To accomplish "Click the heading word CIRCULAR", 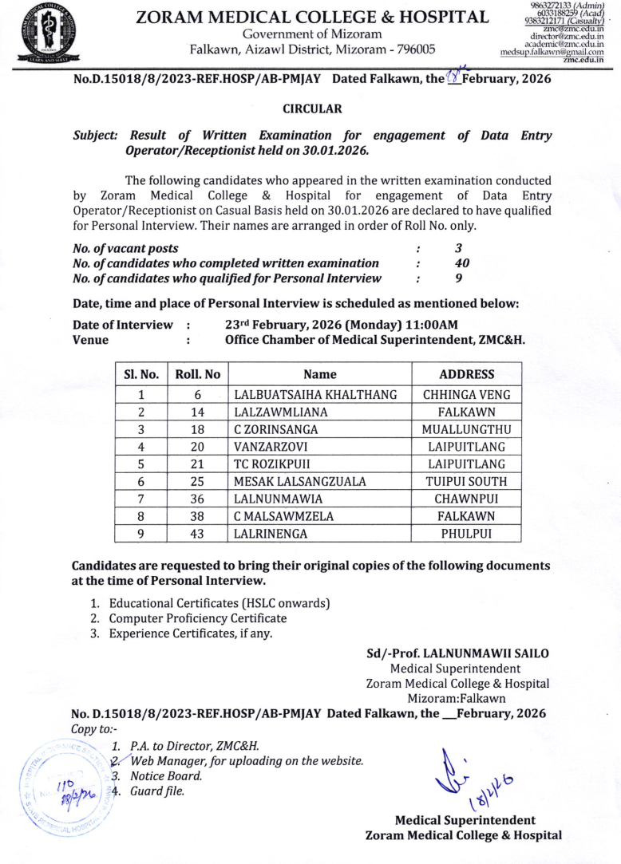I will tap(312, 108).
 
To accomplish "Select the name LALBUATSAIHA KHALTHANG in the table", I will tap(315, 394).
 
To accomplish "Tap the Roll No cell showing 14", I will tap(198, 412).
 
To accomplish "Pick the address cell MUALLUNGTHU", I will tap(467, 430).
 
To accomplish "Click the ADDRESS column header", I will tap(467, 374).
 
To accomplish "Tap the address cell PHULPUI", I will tap(467, 533).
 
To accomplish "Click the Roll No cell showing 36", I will tap(198, 499).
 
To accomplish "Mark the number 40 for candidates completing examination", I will tap(461, 263).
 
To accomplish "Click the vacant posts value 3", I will tap(458, 248).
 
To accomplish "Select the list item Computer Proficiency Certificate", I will tap(197, 618).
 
